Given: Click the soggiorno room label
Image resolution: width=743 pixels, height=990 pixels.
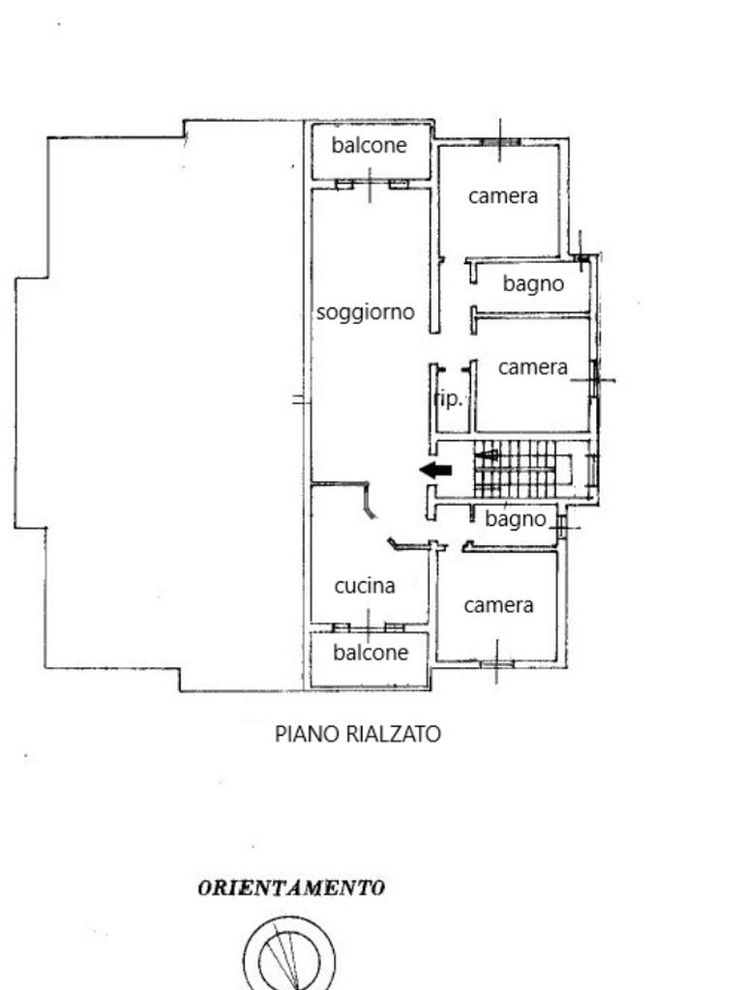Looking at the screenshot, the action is tap(365, 312).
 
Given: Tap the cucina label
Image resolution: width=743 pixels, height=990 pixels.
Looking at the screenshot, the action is tap(365, 586).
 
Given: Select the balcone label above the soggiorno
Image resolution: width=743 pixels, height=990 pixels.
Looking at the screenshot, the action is tap(369, 145).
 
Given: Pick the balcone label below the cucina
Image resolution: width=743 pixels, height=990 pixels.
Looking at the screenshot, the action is tap(371, 653).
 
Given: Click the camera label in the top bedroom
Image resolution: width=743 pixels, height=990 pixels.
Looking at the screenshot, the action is tap(503, 196).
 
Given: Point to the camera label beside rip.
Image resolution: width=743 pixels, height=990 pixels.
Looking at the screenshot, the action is tap(533, 367).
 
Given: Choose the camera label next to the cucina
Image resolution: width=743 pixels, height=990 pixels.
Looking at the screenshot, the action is tap(498, 605).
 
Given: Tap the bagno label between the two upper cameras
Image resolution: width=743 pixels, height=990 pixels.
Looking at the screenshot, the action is tap(533, 284).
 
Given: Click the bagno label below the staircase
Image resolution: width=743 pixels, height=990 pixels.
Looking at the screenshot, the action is tap(515, 519).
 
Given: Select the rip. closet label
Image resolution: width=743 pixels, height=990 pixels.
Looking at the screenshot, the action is tap(449, 399).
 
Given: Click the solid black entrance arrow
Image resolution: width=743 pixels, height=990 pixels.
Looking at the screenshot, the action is tap(435, 470).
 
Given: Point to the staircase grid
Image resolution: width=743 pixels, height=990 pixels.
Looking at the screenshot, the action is tap(515, 469).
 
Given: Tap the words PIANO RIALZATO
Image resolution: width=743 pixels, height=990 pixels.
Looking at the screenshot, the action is tap(358, 734).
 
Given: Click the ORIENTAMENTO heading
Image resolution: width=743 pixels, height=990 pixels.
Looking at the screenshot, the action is tap(291, 888).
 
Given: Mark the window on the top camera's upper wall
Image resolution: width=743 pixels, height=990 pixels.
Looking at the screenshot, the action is tap(500, 141).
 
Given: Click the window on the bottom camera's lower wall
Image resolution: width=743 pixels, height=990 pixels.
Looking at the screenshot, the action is tap(496, 663).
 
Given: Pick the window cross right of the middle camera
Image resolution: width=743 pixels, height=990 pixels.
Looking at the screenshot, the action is tap(593, 380).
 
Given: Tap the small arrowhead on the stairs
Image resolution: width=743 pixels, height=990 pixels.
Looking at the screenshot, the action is tap(487, 454).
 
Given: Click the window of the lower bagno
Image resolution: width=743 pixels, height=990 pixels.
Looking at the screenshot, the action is tap(562, 526).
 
